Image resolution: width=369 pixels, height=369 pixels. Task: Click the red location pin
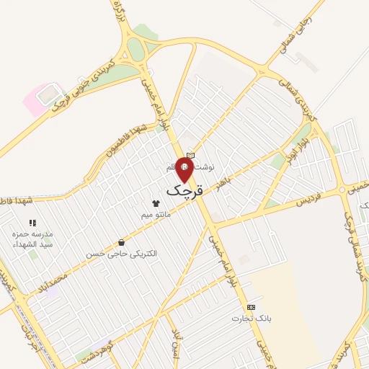point(185,170)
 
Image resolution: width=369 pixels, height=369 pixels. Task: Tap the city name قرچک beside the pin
point(185,190)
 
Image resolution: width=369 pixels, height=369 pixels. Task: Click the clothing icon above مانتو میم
point(155,203)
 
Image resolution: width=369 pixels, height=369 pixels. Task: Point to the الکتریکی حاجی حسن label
point(120,254)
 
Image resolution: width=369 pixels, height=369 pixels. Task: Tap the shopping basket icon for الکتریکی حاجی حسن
point(120,243)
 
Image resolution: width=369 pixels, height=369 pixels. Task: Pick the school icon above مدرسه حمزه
point(32,223)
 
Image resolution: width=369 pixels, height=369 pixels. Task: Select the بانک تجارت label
point(249,318)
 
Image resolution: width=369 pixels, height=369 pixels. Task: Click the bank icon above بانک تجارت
point(250,307)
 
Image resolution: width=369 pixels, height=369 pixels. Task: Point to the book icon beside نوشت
point(190,155)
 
